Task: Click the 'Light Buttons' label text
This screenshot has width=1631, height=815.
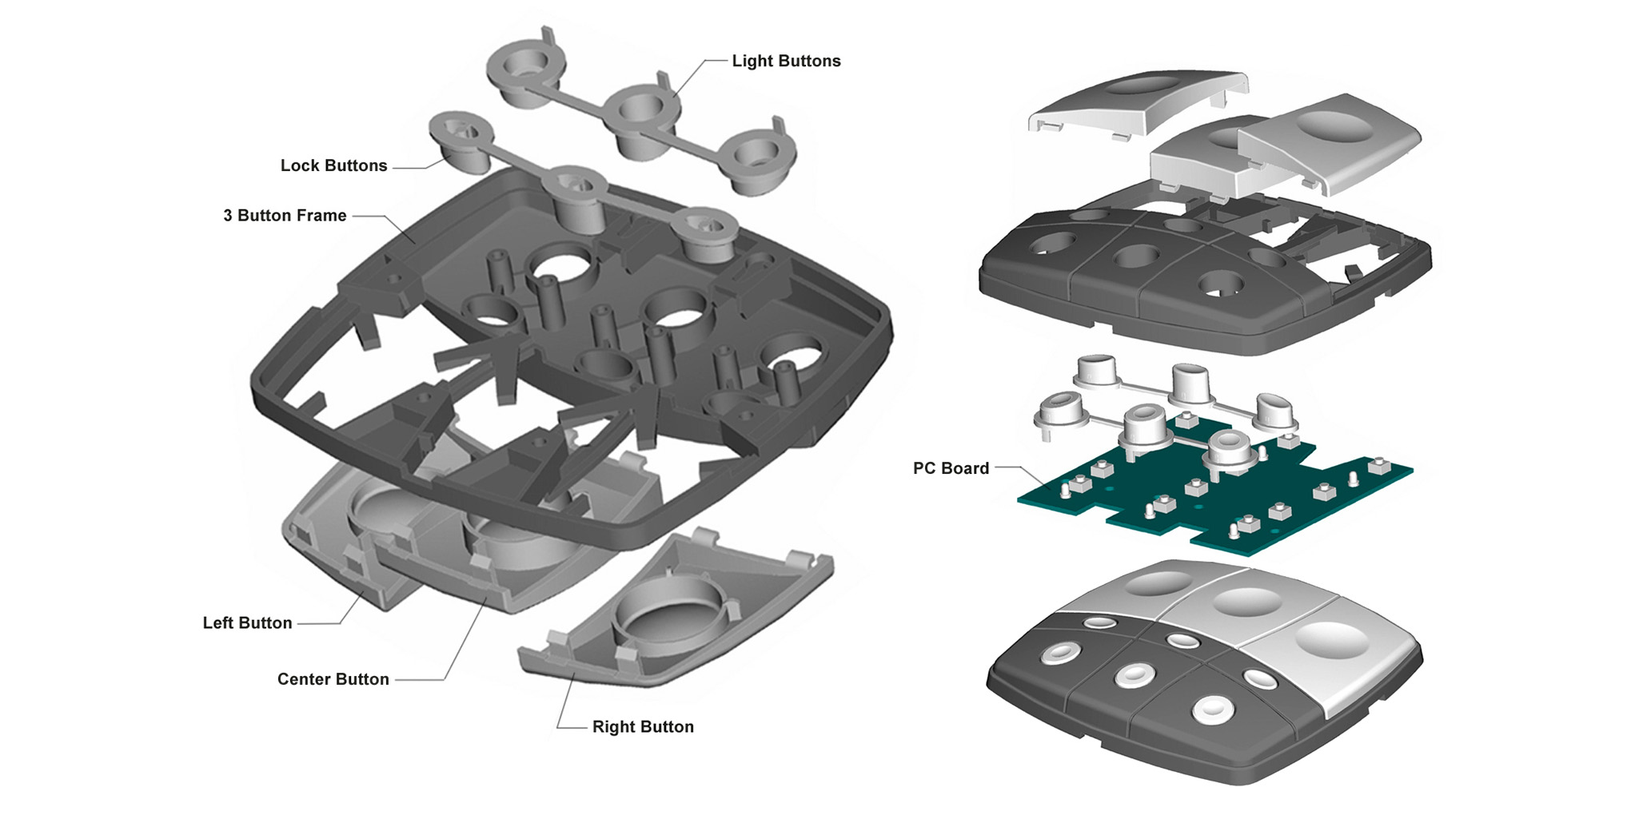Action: tap(786, 62)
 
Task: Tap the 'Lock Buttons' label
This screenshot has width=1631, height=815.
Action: tap(333, 166)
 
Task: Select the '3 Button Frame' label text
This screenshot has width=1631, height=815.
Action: tap(285, 216)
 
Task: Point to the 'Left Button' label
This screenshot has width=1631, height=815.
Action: tap(247, 623)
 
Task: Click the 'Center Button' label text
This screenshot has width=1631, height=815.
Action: tap(333, 680)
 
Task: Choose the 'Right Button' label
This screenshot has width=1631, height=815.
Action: tap(643, 727)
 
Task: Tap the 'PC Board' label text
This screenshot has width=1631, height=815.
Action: tap(951, 469)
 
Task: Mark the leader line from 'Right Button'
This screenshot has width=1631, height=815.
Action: tap(564, 703)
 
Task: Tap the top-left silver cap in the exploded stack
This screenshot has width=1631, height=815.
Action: tap(1135, 100)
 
